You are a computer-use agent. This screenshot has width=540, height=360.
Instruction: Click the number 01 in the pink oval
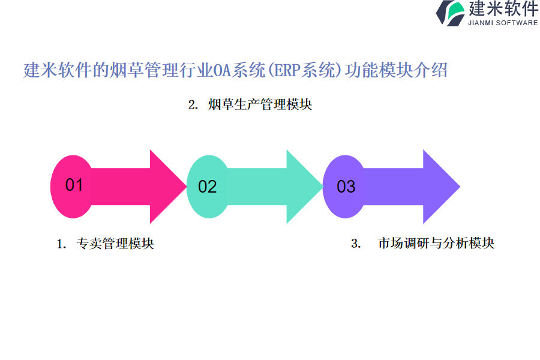click(x=74, y=185)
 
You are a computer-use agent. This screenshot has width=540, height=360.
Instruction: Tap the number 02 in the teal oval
click(x=207, y=187)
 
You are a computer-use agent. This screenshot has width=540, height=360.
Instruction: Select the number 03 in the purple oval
click(x=346, y=187)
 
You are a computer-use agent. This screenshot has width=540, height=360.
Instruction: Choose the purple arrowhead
click(x=442, y=186)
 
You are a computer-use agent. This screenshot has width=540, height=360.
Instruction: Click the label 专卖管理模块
click(x=115, y=244)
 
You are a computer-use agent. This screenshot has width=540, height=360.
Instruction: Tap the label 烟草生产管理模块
click(x=260, y=104)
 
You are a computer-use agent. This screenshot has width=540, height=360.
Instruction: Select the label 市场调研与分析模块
click(x=436, y=243)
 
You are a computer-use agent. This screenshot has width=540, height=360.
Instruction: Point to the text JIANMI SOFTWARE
click(x=503, y=23)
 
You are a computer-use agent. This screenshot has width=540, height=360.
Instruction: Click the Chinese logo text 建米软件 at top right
click(x=503, y=9)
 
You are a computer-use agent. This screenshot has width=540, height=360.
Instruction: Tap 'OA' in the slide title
click(x=223, y=71)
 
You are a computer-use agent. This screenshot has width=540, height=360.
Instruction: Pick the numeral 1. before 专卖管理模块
click(x=61, y=244)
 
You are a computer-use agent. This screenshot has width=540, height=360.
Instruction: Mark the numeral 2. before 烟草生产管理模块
click(x=193, y=105)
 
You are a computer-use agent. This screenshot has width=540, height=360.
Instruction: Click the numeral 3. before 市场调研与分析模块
click(x=356, y=244)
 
